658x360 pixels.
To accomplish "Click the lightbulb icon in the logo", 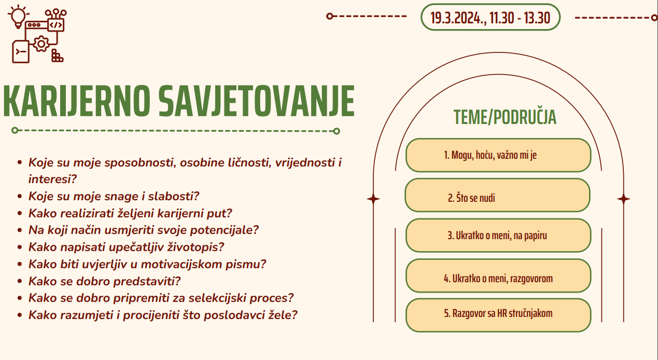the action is click(x=18, y=17).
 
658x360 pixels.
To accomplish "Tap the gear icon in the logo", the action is click(x=41, y=44).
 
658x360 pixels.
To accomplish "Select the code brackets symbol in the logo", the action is click(x=56, y=25).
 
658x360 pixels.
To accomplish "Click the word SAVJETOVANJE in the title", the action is click(x=257, y=101).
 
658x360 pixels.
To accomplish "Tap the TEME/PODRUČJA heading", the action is click(x=505, y=117).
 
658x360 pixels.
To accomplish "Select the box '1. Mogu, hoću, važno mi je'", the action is click(x=498, y=155).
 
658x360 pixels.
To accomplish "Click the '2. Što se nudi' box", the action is click(x=498, y=195).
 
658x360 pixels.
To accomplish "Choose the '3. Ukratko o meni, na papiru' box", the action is click(x=498, y=236).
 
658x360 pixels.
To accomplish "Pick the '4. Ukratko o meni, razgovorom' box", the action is click(x=498, y=275).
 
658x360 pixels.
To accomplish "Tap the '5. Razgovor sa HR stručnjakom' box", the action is click(x=498, y=315).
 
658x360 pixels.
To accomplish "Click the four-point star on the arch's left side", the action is click(x=373, y=199).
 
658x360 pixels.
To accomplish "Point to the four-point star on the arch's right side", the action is click(x=624, y=199).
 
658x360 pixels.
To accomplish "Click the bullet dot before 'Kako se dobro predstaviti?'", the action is click(x=20, y=281).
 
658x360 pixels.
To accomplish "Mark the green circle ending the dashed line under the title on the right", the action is click(x=337, y=131).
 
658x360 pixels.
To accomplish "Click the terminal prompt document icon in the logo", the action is click(x=21, y=52).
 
